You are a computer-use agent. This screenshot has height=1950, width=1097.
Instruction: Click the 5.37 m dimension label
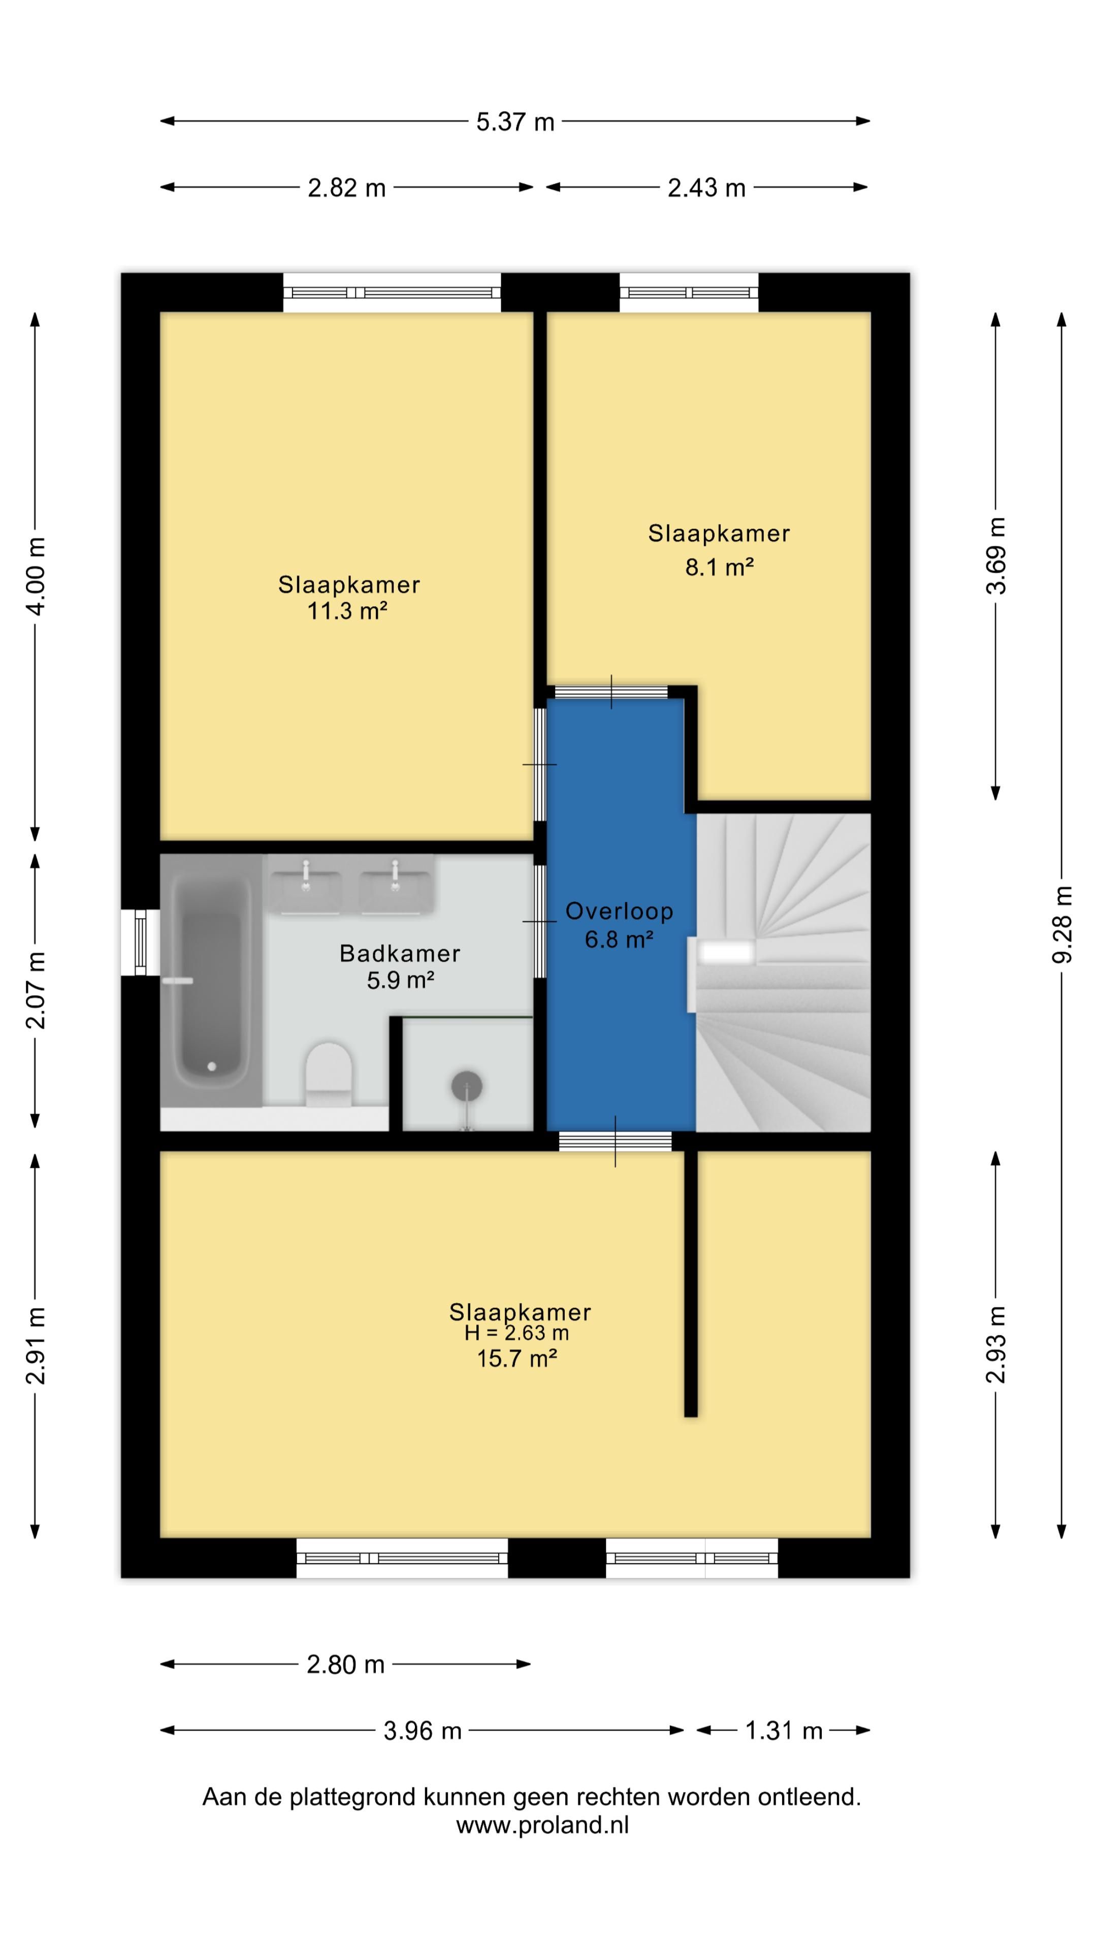click(515, 122)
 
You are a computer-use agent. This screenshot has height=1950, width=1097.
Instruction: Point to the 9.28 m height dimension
click(1062, 924)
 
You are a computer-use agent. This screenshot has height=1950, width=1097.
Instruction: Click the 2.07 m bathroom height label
click(36, 990)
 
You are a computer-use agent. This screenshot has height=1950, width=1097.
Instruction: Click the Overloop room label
click(619, 912)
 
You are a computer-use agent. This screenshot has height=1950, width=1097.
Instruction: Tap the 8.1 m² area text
click(719, 567)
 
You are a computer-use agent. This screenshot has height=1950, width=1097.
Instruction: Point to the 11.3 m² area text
click(347, 611)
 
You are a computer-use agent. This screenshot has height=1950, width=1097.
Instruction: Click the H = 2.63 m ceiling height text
click(517, 1332)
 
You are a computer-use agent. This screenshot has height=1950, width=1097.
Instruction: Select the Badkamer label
click(400, 953)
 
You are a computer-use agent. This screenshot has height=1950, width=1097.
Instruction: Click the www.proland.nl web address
click(542, 1825)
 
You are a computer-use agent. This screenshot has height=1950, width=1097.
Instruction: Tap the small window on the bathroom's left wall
click(140, 941)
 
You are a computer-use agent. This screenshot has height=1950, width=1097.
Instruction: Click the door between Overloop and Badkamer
click(540, 921)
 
